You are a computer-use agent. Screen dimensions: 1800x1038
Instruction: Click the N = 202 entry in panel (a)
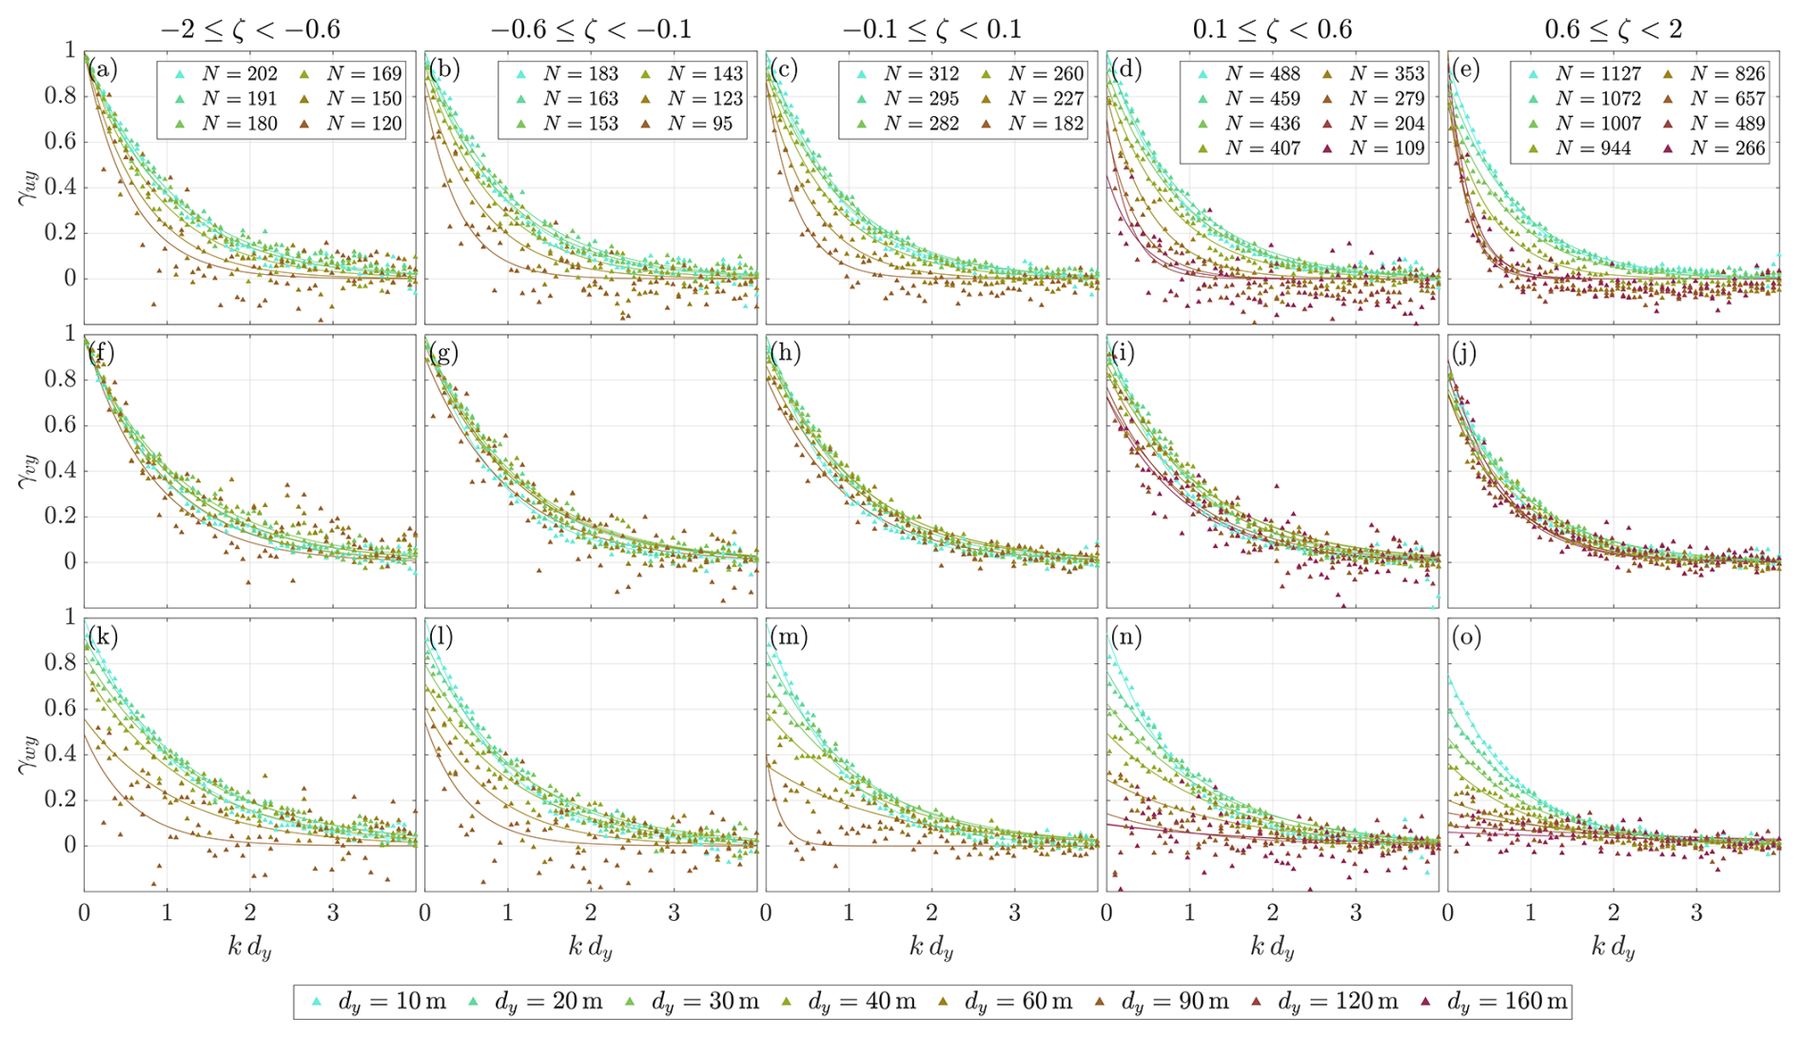click(x=226, y=73)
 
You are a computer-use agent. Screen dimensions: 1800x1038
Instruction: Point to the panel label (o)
click(x=1467, y=637)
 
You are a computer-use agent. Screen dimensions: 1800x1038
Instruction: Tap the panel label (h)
click(x=785, y=353)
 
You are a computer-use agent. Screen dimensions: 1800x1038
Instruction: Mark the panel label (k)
click(x=103, y=637)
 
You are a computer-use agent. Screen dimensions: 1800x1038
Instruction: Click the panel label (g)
click(x=443, y=353)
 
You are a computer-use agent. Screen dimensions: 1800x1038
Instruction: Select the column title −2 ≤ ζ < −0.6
click(x=250, y=29)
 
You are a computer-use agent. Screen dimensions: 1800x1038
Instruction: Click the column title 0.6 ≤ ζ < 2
click(x=1614, y=29)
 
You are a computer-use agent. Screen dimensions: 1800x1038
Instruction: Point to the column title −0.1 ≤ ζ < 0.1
click(x=931, y=29)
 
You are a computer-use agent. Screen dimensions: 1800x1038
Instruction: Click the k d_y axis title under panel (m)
click(x=931, y=947)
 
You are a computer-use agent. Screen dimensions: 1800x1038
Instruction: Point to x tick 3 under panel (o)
click(x=1696, y=913)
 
